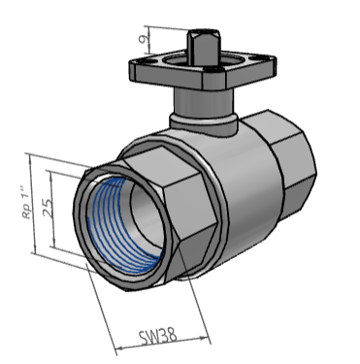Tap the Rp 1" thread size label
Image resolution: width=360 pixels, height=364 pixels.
(28, 202)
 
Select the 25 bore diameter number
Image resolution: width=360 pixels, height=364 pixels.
(48, 208)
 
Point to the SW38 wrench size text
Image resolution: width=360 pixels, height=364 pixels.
(157, 337)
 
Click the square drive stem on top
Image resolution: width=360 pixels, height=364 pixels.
(204, 48)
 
